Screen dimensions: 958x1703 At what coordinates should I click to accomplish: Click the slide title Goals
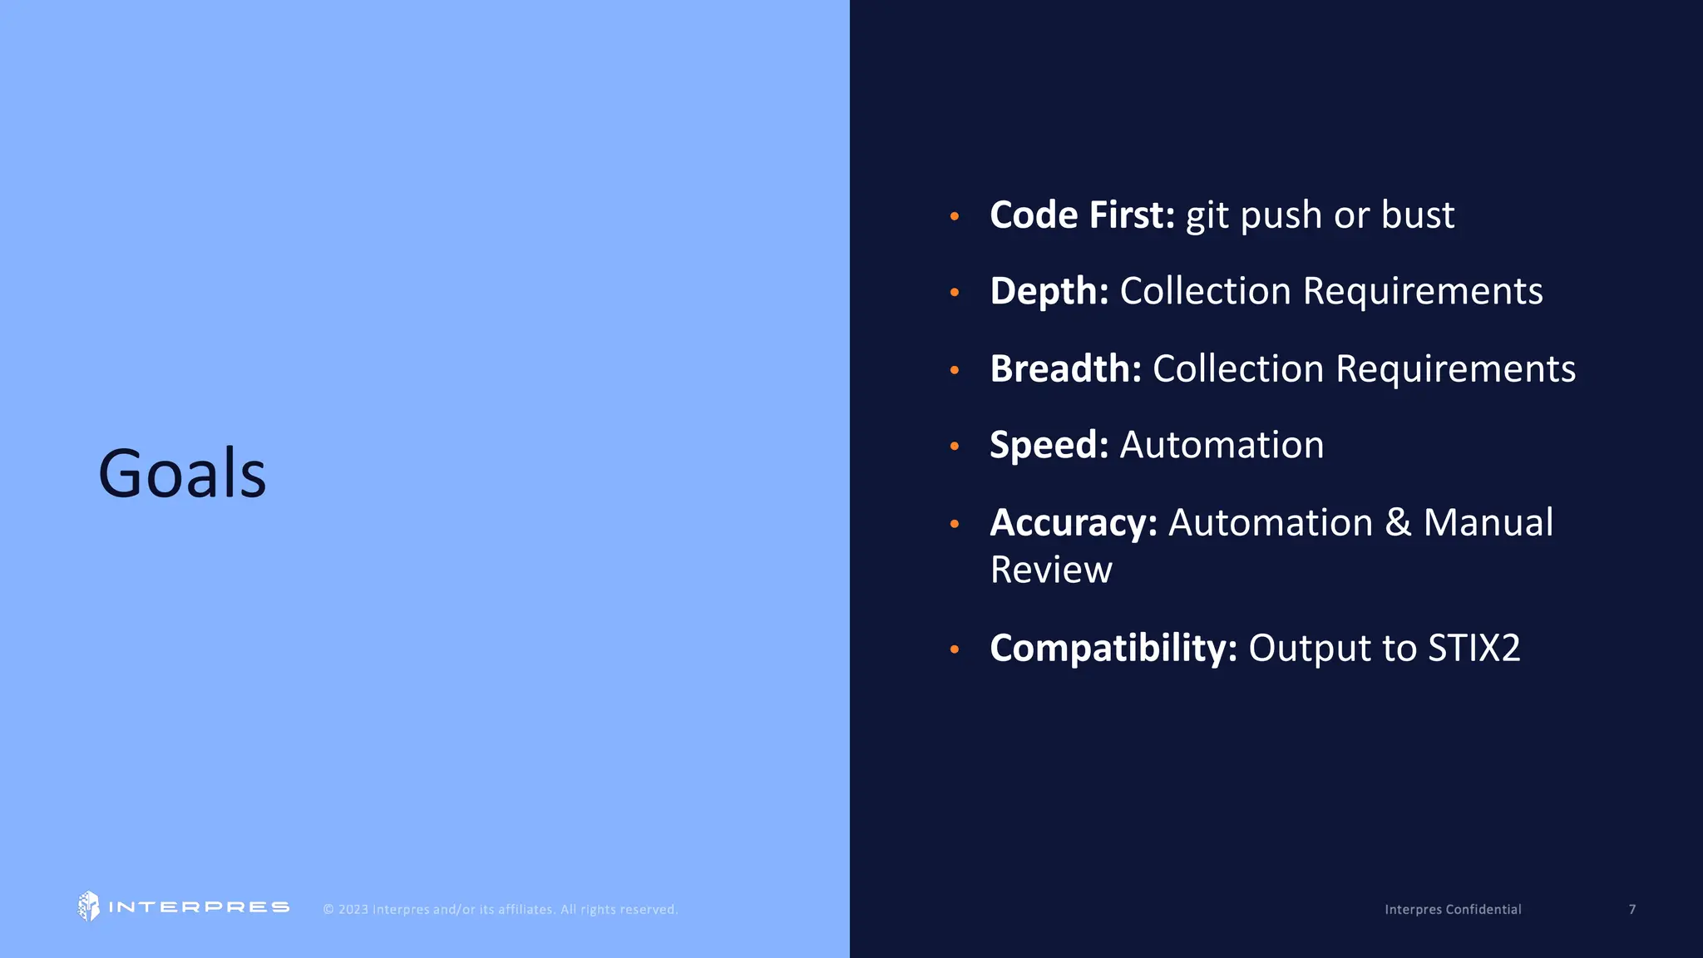pos(182,473)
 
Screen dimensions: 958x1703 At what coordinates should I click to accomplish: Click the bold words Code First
pos(1081,215)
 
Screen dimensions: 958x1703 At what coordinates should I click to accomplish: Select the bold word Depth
pos(1049,292)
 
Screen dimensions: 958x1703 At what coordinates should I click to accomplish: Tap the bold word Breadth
pos(1065,368)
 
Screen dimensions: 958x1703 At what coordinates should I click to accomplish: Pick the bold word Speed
pos(1049,446)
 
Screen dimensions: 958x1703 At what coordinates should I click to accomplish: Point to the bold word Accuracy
pos(1073,523)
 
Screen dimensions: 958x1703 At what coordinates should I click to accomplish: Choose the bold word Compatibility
pos(1113,649)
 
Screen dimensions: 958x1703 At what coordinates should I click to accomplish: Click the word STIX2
pos(1473,649)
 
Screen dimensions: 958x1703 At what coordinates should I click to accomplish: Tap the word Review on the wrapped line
pos(1051,570)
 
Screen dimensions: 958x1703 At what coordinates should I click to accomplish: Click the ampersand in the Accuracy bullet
pos(1398,523)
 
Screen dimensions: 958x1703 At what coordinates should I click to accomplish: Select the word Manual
pos(1488,523)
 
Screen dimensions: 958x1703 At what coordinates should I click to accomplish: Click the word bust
pos(1418,215)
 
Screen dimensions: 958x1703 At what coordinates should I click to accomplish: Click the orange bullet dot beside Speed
pos(955,447)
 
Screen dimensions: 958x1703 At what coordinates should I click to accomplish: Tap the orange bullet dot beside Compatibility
pos(955,649)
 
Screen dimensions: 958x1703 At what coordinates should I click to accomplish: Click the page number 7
pos(1632,910)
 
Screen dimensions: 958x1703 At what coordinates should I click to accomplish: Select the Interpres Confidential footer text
pos(1453,910)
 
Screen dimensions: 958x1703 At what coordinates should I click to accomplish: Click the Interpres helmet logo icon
pos(88,906)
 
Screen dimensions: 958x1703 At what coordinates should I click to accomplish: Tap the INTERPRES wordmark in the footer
pos(199,907)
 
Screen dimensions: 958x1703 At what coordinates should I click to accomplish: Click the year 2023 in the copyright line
pos(353,910)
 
